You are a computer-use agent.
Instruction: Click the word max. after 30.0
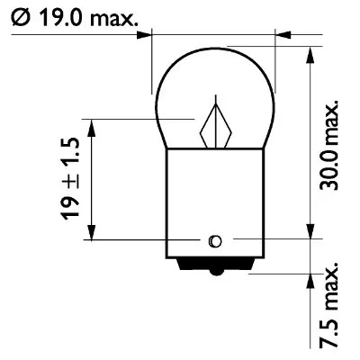[x=331, y=119]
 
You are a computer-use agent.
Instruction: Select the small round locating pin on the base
[x=214, y=240]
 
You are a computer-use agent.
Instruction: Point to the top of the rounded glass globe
[x=214, y=49]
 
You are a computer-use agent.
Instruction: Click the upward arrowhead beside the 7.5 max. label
[x=310, y=286]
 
